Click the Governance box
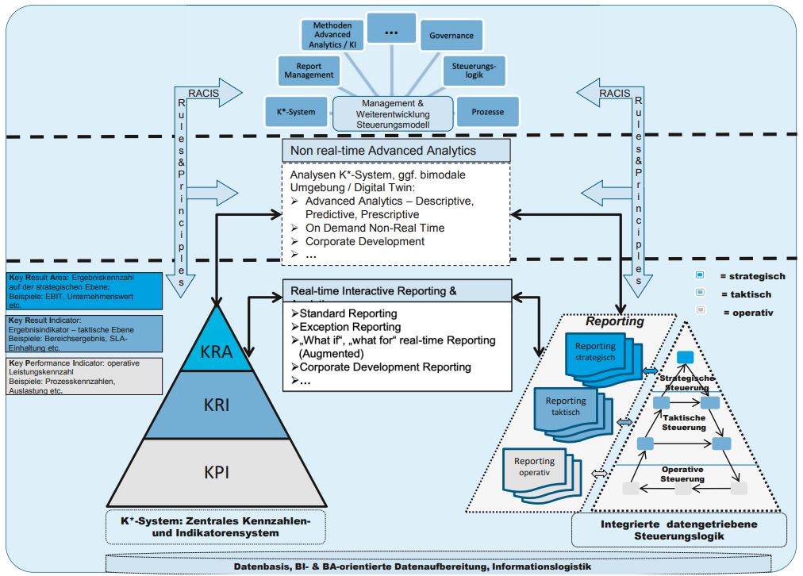pos(451,36)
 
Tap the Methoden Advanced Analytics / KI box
pos(332,36)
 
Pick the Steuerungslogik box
pos(474,70)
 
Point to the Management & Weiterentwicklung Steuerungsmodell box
pos(393,113)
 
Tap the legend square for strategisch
pos(699,276)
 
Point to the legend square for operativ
pos(699,312)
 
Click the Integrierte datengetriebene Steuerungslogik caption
pos(678,530)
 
